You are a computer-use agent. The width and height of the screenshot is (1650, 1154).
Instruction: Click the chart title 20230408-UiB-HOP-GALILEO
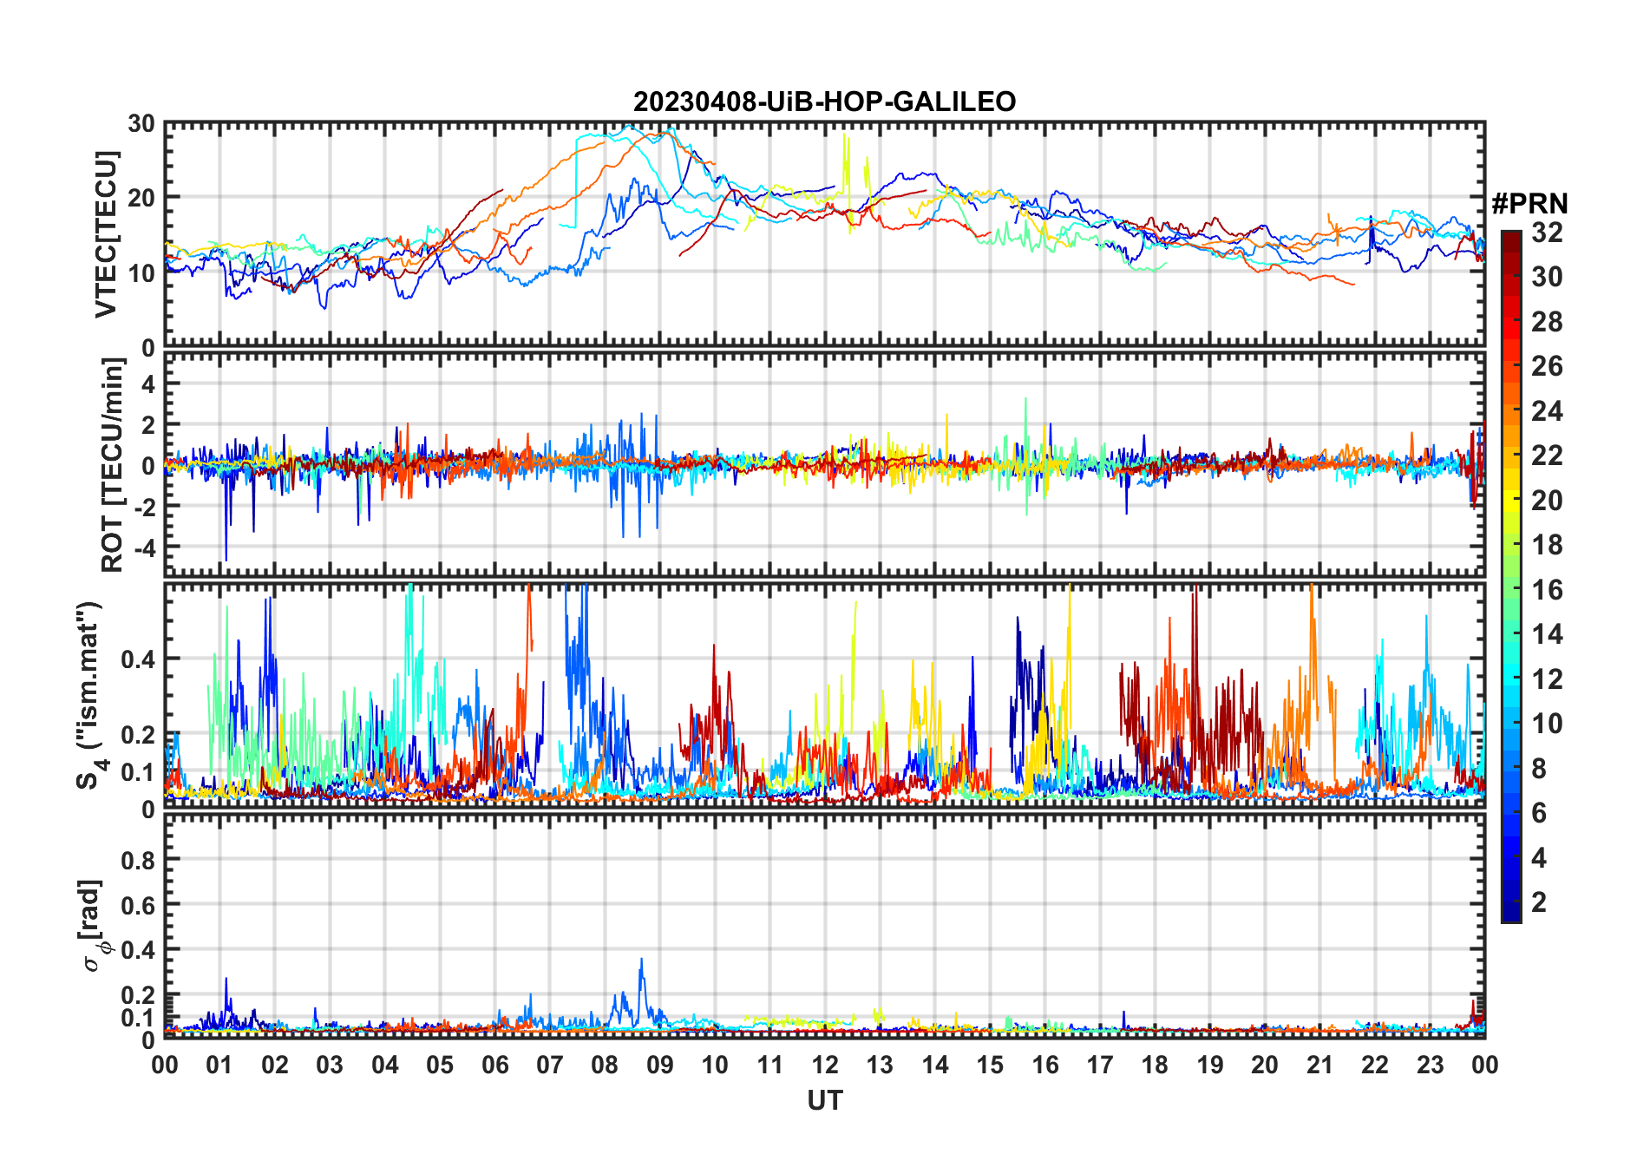coord(824,102)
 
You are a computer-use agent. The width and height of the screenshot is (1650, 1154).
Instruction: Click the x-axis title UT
coord(824,1100)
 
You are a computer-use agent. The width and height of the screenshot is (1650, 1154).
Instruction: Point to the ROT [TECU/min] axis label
coord(112,465)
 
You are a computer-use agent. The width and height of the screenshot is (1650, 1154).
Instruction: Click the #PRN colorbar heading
coord(1529,204)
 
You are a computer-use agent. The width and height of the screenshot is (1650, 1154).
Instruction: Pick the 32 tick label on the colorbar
coord(1546,233)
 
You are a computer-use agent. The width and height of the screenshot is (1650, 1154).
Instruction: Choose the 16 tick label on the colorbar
coord(1546,590)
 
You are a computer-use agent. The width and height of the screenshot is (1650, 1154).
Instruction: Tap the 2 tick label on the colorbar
coord(1539,902)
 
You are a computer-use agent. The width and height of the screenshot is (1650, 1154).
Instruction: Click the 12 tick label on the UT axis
coord(824,1065)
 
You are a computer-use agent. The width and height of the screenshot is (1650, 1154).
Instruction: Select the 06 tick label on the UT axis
coord(494,1065)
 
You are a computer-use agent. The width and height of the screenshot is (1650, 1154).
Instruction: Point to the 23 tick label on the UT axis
coord(1429,1065)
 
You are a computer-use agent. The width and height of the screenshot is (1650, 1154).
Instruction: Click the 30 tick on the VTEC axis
coord(141,124)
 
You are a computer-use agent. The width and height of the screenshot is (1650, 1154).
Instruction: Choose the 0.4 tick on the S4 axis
coord(139,659)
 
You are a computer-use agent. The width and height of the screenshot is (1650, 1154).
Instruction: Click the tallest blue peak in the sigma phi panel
coord(641,960)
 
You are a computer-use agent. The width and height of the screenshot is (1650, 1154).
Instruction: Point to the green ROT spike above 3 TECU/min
coord(1025,400)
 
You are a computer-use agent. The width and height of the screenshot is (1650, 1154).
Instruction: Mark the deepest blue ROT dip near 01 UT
coord(226,560)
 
